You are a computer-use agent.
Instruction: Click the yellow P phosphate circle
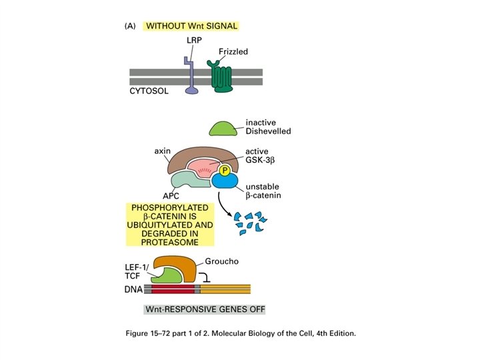pyautogui.click(x=225, y=171)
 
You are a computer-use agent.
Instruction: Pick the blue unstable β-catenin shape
pyautogui.click(x=227, y=185)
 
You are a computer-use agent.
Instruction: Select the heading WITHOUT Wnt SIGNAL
pyautogui.click(x=191, y=26)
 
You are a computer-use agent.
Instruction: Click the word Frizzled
pyautogui.click(x=235, y=51)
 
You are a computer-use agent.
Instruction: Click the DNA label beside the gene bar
pyautogui.click(x=133, y=289)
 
